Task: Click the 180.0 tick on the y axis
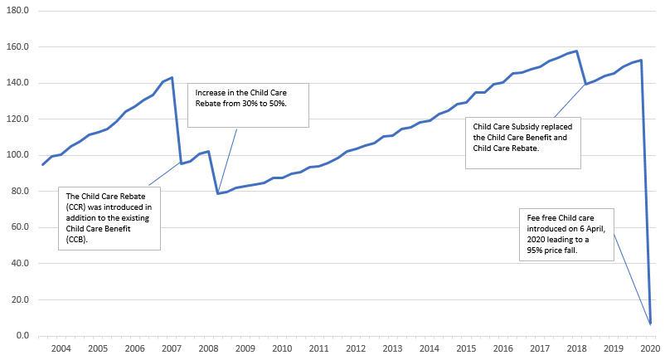coord(17,11)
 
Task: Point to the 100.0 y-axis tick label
coord(17,155)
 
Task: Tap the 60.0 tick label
coord(18,227)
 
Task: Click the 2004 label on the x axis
coord(61,348)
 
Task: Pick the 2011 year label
coord(318,348)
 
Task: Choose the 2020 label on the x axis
coord(649,348)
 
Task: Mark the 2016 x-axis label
coord(502,348)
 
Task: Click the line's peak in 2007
coord(172,77)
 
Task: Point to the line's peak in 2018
coord(576,51)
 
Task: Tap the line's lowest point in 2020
coord(651,323)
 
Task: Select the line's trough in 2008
coord(217,193)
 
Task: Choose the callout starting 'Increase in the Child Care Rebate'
coord(248,105)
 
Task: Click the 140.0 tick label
coord(17,83)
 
